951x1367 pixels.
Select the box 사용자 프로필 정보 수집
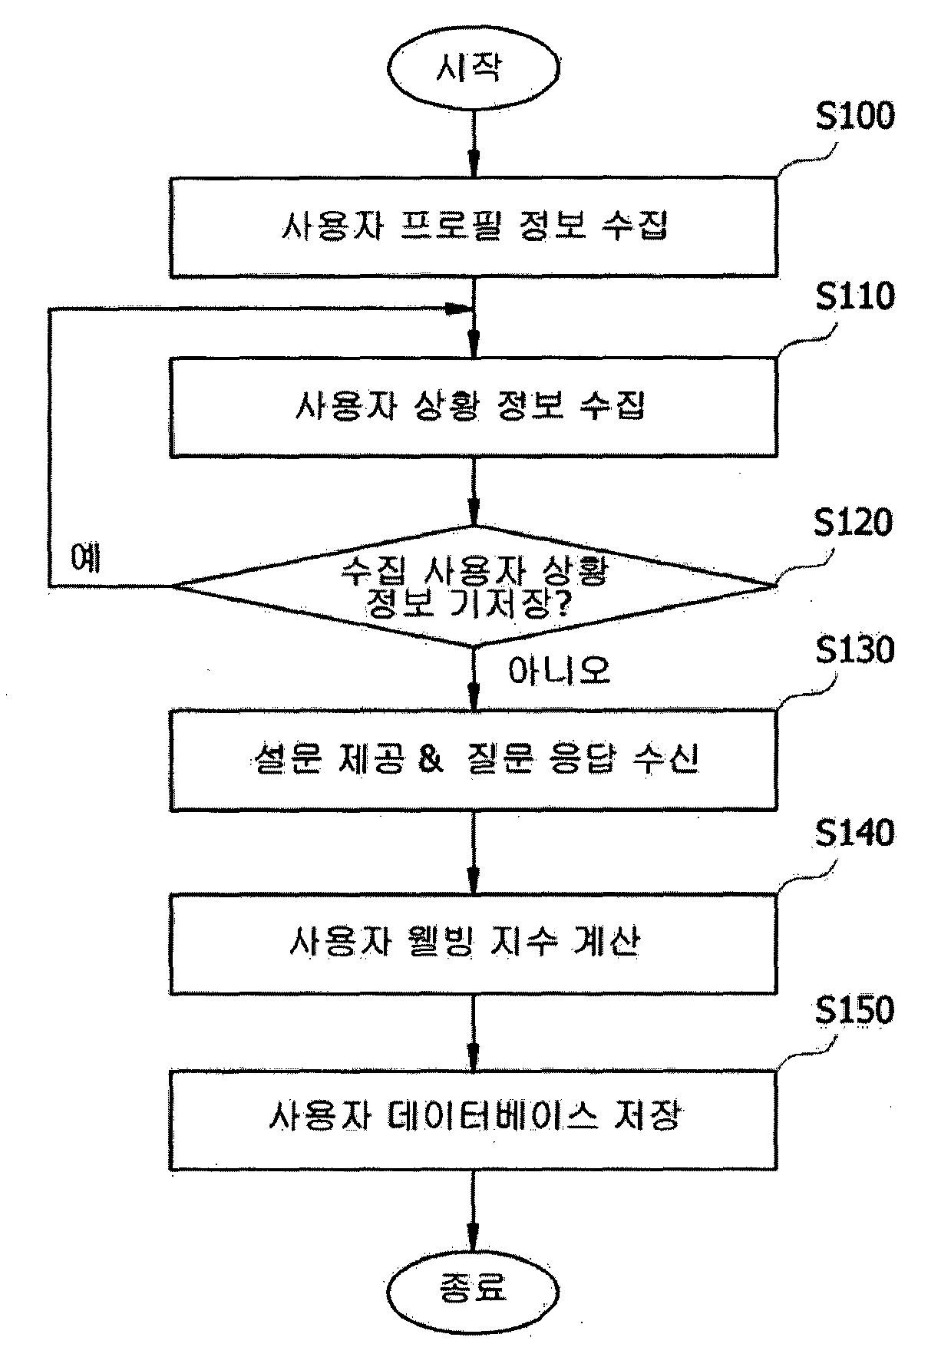coord(473,227)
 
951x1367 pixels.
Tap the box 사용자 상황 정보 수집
coord(473,407)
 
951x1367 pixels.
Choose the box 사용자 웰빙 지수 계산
coord(473,943)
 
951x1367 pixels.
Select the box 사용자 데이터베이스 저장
coord(473,1120)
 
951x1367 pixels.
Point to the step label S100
coord(854,117)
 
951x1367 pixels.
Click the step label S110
coord(854,296)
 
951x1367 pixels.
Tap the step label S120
coord(853,523)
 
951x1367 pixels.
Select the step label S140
coord(854,834)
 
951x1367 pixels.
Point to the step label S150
coord(854,1010)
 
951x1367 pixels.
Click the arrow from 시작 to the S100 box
coord(474,143)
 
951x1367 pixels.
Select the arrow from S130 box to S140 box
coord(474,852)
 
